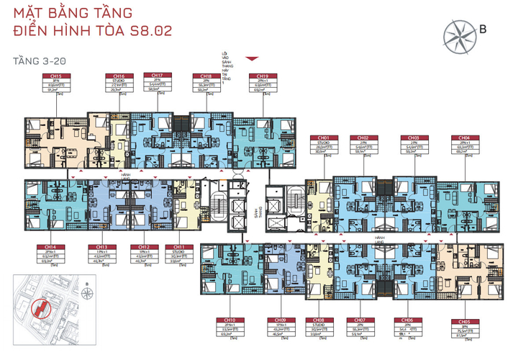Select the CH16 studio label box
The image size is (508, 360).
[x=119, y=76]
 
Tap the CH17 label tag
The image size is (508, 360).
[x=157, y=75]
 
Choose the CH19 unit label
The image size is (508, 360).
[x=258, y=76]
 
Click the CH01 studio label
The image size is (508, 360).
[x=324, y=138]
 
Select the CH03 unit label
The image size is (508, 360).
[x=413, y=138]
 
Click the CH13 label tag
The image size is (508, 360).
[x=101, y=247]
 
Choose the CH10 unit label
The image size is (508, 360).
[x=230, y=320]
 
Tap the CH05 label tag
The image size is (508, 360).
[x=461, y=322]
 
